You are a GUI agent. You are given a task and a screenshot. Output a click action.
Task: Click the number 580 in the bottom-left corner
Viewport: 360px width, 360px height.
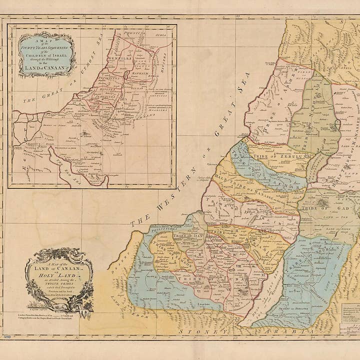pyautogui.click(x=7, y=337)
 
